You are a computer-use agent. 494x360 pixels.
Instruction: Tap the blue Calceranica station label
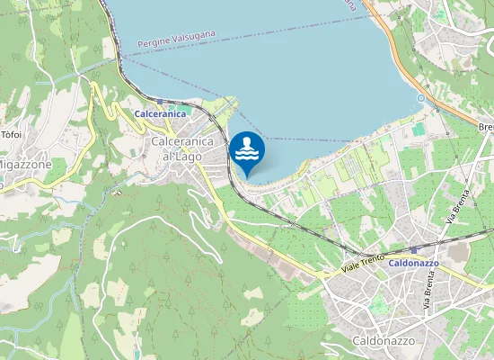coord(159,114)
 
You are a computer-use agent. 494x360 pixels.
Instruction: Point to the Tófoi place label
coord(12,134)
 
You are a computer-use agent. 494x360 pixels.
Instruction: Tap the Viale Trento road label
coord(363,264)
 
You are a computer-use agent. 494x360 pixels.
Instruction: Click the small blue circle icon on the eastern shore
coord(419,97)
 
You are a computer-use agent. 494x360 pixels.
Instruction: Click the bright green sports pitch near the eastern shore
coord(419,130)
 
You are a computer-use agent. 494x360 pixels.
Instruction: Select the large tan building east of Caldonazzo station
coord(457,254)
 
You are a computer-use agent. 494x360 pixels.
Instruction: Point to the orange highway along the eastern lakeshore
coord(395,54)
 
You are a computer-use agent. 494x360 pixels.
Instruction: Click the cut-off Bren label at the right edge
coord(486,127)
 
